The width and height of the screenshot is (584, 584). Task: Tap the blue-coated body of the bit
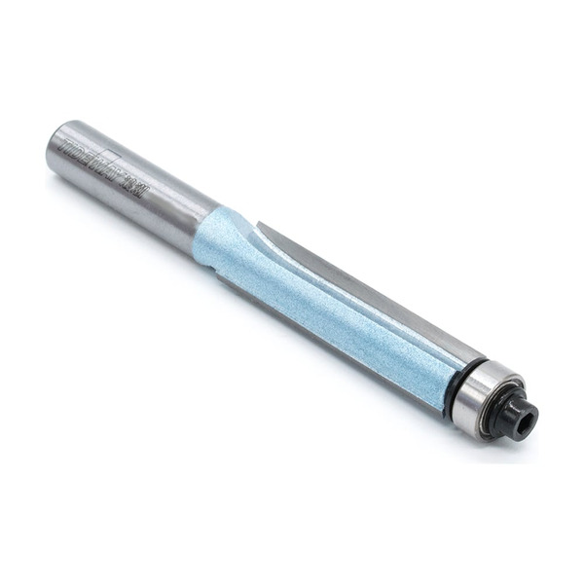(x=321, y=302)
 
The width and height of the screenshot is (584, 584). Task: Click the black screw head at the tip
(x=521, y=417)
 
